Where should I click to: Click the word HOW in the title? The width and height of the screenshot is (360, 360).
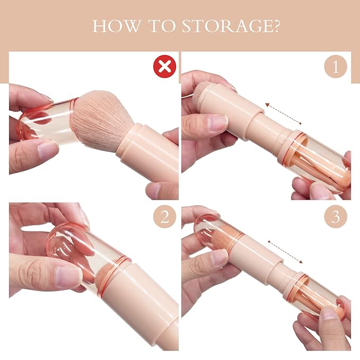coord(113,27)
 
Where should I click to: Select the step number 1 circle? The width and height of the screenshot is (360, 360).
coord(336,67)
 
